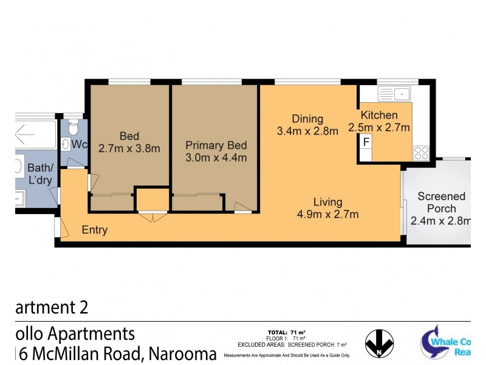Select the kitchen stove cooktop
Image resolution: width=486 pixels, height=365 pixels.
coord(421,153)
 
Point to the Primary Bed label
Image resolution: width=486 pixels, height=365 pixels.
coord(216,145)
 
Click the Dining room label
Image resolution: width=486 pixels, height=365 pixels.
coord(307,119)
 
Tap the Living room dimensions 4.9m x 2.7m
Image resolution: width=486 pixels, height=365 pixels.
coord(327,214)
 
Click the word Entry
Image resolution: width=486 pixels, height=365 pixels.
coord(95,230)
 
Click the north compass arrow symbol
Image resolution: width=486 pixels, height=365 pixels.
coord(379,344)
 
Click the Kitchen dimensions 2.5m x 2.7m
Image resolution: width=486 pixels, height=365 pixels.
coord(379,128)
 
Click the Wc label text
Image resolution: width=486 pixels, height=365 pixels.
coord(79,145)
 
